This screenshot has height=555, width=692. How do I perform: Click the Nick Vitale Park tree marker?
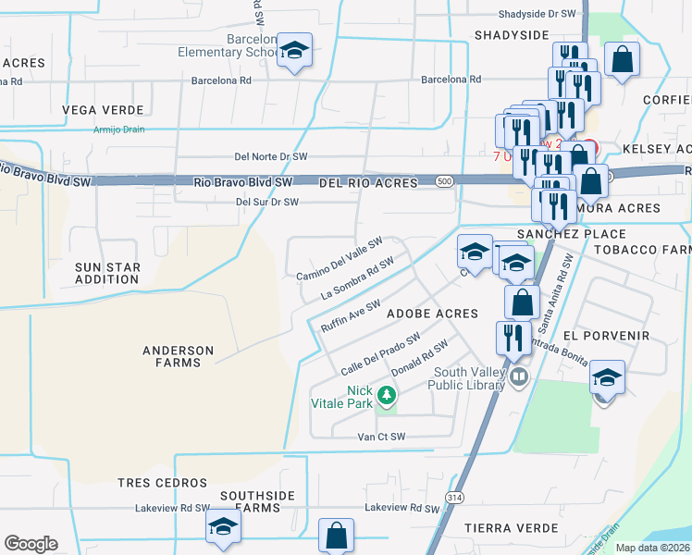click(x=387, y=397)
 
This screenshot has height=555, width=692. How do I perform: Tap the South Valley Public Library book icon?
click(x=519, y=376)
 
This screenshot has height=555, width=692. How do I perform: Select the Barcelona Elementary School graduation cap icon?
click(x=294, y=51)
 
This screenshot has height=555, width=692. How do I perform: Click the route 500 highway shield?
click(x=445, y=182)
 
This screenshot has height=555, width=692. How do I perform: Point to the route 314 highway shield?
click(x=454, y=497)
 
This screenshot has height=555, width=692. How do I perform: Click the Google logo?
click(x=31, y=544)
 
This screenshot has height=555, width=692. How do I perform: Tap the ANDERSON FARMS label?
click(x=179, y=356)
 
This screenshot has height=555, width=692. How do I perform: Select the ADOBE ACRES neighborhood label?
click(x=431, y=314)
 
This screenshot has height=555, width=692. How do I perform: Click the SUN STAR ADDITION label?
click(x=106, y=273)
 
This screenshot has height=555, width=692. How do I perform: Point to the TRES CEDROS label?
click(x=162, y=483)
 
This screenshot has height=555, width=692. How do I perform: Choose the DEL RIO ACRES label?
click(x=368, y=183)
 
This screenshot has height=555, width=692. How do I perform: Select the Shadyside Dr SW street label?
click(x=537, y=14)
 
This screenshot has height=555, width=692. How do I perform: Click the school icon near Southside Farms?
click(x=223, y=527)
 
